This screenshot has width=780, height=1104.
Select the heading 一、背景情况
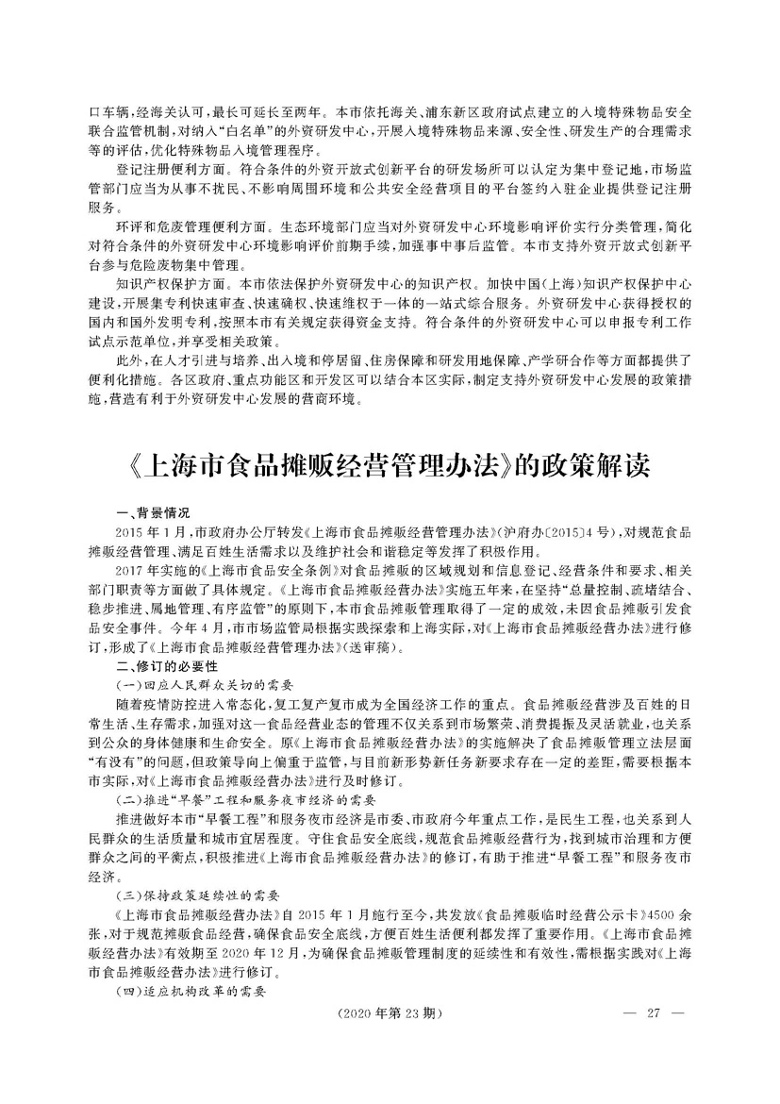click(153, 513)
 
